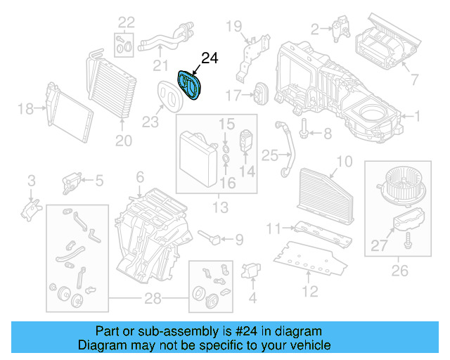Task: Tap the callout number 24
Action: coord(210,58)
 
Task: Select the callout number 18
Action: coord(25,108)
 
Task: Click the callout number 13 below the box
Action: coord(220,207)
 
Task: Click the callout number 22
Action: coord(126,22)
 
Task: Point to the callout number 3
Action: coord(31,181)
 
